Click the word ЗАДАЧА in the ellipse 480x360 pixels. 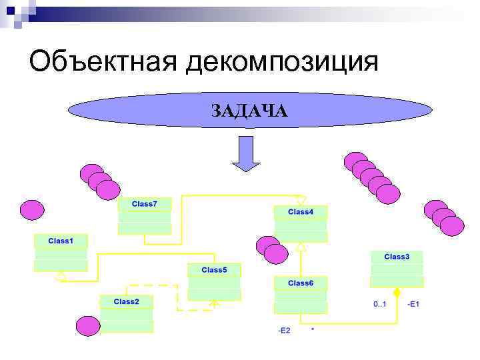coord(249,111)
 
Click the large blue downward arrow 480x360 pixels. coord(246,154)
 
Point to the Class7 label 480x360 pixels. coord(145,203)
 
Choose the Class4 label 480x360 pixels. coord(301,212)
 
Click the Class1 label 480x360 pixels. coord(61,240)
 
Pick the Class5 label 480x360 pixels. coord(214,270)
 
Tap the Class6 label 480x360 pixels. coord(301,283)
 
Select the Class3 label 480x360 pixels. coord(397,256)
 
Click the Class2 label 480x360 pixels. coord(126,301)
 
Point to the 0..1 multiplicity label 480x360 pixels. coord(380,305)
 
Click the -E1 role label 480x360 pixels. coord(413,305)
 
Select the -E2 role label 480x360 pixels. coord(283,331)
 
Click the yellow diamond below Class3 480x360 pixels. coord(397,293)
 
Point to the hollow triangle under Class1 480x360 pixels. coord(61,275)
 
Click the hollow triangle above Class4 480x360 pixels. coord(301,200)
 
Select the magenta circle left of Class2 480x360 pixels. coord(88,326)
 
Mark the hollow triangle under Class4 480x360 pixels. coord(301,247)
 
